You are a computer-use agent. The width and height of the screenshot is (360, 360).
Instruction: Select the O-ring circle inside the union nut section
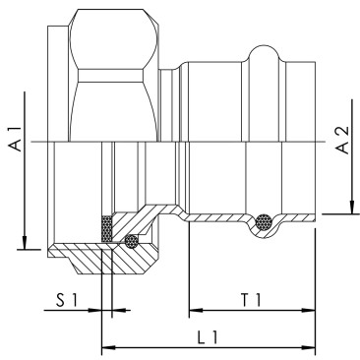(131, 240)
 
